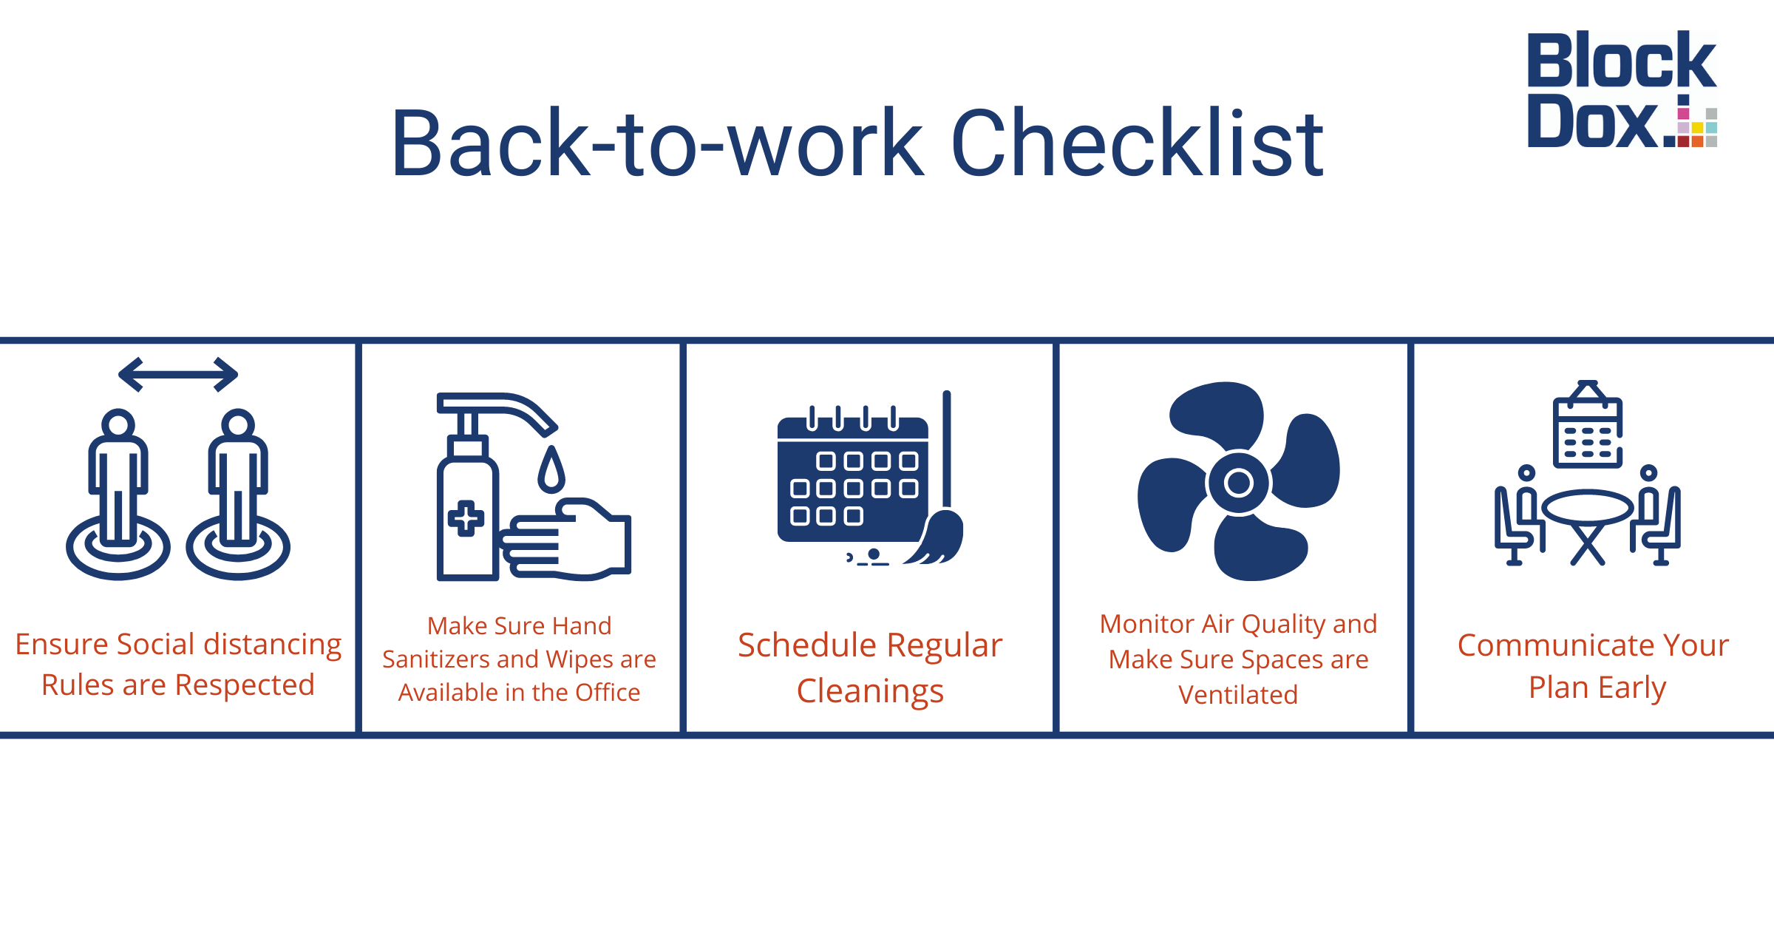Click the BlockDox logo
coord(1622,89)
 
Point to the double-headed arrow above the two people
coord(178,375)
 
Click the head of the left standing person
coord(118,424)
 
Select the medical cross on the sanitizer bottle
coord(466,518)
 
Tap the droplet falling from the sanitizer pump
coord(551,469)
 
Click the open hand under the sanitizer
coord(565,540)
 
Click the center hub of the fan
coord(1239,483)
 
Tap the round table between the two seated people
coord(1588,508)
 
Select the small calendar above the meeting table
coord(1588,425)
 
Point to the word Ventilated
coord(1238,695)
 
